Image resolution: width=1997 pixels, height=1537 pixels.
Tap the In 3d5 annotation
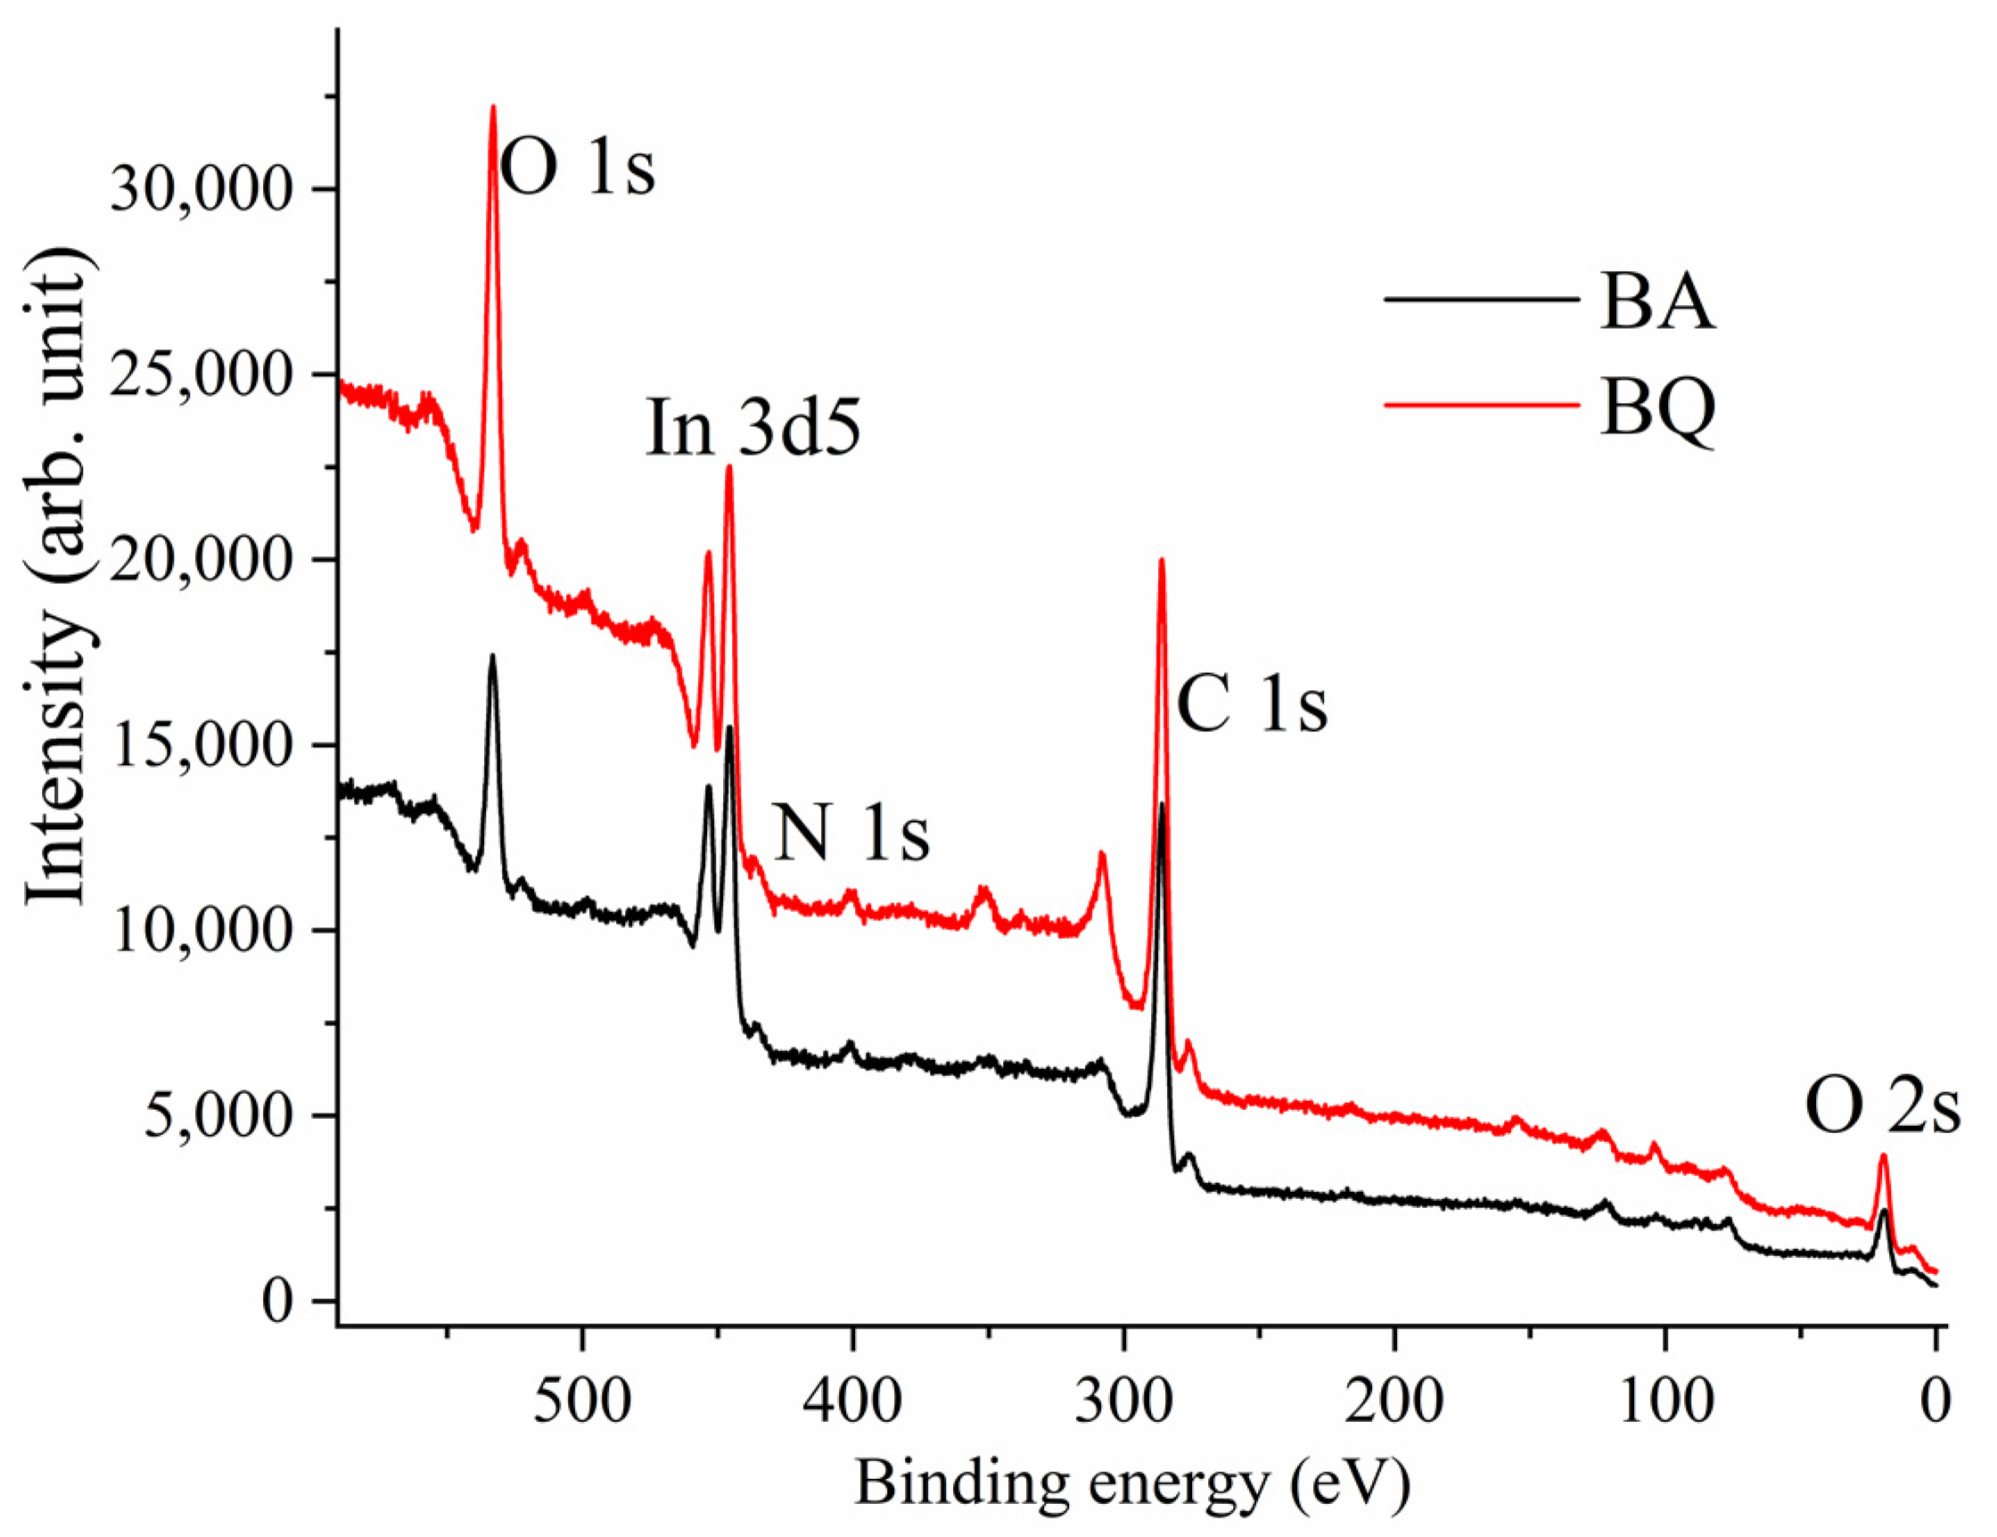pyautogui.click(x=753, y=428)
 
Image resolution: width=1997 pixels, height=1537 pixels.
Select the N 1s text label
pyautogui.click(x=851, y=834)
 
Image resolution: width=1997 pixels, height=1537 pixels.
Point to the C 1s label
pyautogui.click(x=1251, y=705)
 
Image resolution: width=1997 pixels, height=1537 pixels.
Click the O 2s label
pyautogui.click(x=1882, y=1108)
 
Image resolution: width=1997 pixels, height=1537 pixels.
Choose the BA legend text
pyautogui.click(x=1656, y=303)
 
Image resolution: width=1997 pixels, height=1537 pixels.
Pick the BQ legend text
pyautogui.click(x=1656, y=408)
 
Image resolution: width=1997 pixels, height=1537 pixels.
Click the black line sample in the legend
pyautogui.click(x=1482, y=300)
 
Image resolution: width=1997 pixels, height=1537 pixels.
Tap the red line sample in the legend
pyautogui.click(x=1482, y=403)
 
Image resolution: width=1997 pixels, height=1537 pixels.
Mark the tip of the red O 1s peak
pyautogui.click(x=493, y=107)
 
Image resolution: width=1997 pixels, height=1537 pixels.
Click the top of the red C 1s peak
pyautogui.click(x=1162, y=560)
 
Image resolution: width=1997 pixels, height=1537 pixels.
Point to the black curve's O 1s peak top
pyautogui.click(x=492, y=655)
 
